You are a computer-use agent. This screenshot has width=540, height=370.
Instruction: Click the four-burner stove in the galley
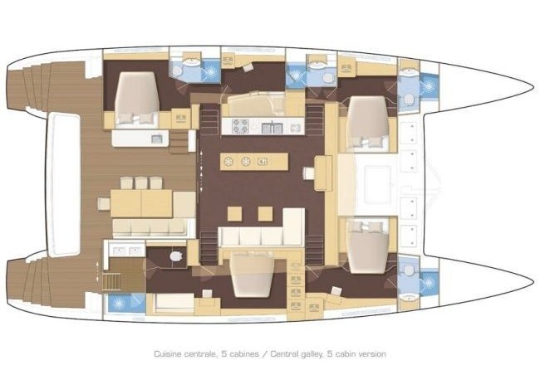pyautogui.click(x=240, y=126)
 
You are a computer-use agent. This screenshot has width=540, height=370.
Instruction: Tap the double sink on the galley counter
pyautogui.click(x=272, y=128)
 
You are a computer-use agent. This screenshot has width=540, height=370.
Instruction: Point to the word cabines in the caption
pyautogui.click(x=246, y=354)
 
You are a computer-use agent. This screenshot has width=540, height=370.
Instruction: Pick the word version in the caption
pyautogui.click(x=372, y=354)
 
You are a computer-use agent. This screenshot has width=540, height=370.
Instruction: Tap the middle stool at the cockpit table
pyautogui.click(x=141, y=183)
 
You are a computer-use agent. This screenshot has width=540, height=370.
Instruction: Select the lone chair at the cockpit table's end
pyautogui.click(x=104, y=203)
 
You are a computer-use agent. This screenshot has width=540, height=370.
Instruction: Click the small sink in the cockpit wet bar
pyautogui.click(x=157, y=139)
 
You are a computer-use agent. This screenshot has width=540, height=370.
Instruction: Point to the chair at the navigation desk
pyautogui.click(x=308, y=173)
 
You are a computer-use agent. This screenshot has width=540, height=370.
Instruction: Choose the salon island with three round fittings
pyautogui.click(x=254, y=161)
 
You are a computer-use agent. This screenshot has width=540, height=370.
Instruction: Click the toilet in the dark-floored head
pyautogui.click(x=176, y=256)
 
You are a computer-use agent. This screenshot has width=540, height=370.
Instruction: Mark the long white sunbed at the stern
pyautogui.click(x=64, y=184)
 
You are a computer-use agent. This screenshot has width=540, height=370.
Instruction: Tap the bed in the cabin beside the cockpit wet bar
pyautogui.click(x=137, y=98)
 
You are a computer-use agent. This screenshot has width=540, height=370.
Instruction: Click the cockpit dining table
pyautogui.click(x=141, y=203)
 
